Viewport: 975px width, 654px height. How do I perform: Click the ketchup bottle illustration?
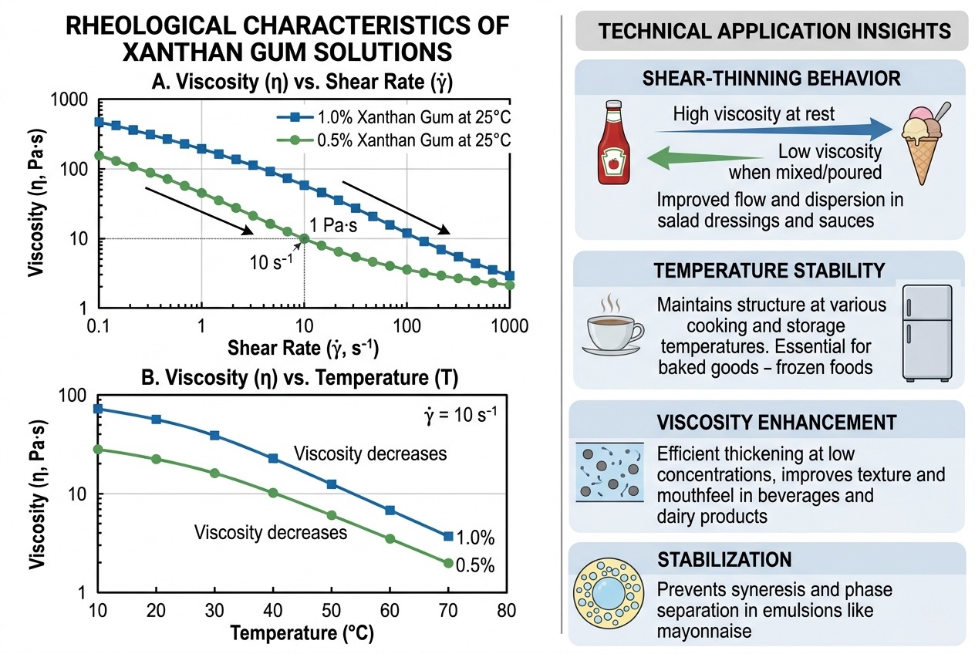tap(614, 145)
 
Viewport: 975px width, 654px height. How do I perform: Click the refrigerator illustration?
tap(927, 332)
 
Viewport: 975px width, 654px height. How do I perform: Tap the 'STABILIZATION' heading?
tap(723, 559)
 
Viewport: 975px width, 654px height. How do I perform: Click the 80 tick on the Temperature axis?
tap(507, 612)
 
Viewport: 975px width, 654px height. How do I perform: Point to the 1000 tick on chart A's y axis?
tap(71, 99)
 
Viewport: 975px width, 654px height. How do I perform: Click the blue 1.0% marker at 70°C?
tap(448, 536)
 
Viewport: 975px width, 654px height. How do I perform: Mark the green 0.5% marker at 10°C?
tap(98, 449)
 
